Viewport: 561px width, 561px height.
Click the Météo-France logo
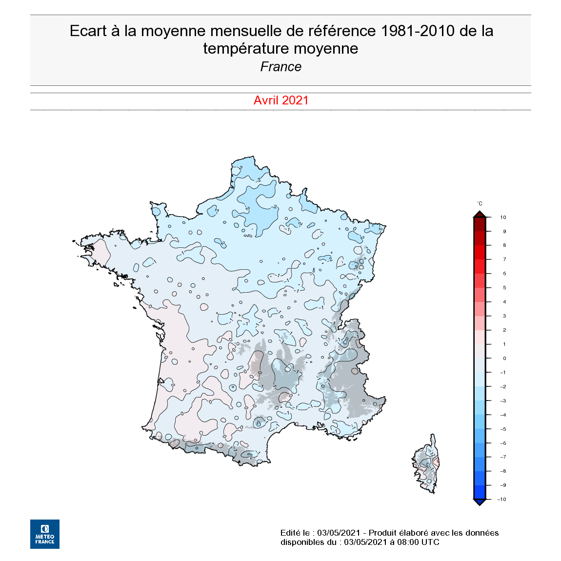[45, 534]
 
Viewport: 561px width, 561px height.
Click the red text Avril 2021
[281, 100]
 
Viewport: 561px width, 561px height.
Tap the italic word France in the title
[281, 67]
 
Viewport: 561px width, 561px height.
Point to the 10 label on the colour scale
[503, 218]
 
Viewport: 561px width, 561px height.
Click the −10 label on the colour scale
[501, 500]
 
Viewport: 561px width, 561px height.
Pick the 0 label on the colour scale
[504, 359]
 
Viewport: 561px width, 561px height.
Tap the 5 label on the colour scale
[504, 288]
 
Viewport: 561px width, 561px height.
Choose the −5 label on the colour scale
[502, 429]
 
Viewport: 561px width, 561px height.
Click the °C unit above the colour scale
[480, 203]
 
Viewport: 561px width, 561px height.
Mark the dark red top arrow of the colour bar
[480, 214]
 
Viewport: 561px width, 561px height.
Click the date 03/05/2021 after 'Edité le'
[339, 533]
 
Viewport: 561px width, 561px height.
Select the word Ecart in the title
[88, 31]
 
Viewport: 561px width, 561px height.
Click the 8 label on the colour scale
[504, 245]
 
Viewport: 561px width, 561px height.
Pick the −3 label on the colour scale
[502, 401]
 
